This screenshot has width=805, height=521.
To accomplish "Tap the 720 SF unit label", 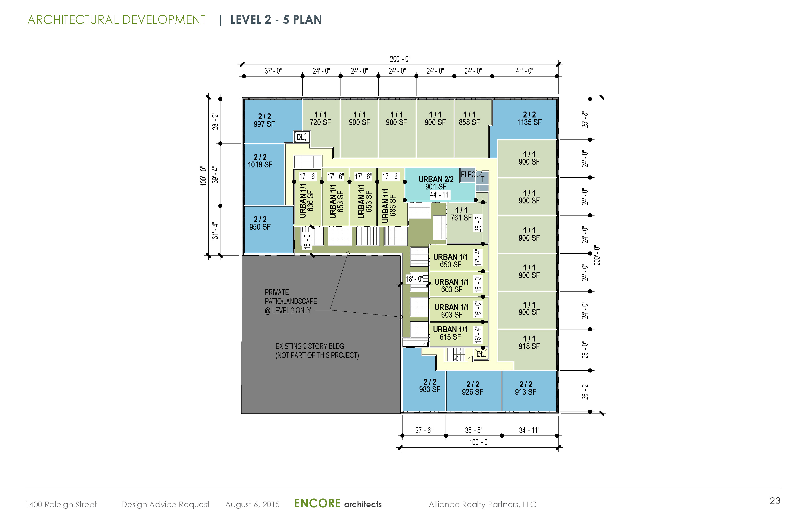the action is (x=320, y=118).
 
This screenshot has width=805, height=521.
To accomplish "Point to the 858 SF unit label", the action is (x=469, y=118).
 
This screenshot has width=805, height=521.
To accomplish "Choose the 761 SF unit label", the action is (x=461, y=214).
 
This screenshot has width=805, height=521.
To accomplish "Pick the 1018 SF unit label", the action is (x=260, y=161).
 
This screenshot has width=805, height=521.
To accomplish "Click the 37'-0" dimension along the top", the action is (x=273, y=71).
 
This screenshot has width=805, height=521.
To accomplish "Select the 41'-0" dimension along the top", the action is (x=524, y=71).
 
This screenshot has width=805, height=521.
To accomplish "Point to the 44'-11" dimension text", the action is (x=440, y=195).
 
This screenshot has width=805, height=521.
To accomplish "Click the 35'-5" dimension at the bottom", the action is (x=474, y=430).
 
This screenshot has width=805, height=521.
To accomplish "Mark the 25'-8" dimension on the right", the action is (x=585, y=119).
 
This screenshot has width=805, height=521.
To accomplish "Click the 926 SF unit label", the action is (x=473, y=388).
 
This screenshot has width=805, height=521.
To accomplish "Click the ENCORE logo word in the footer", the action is (x=317, y=503).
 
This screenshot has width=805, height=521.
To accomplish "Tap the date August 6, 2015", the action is (x=252, y=504).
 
